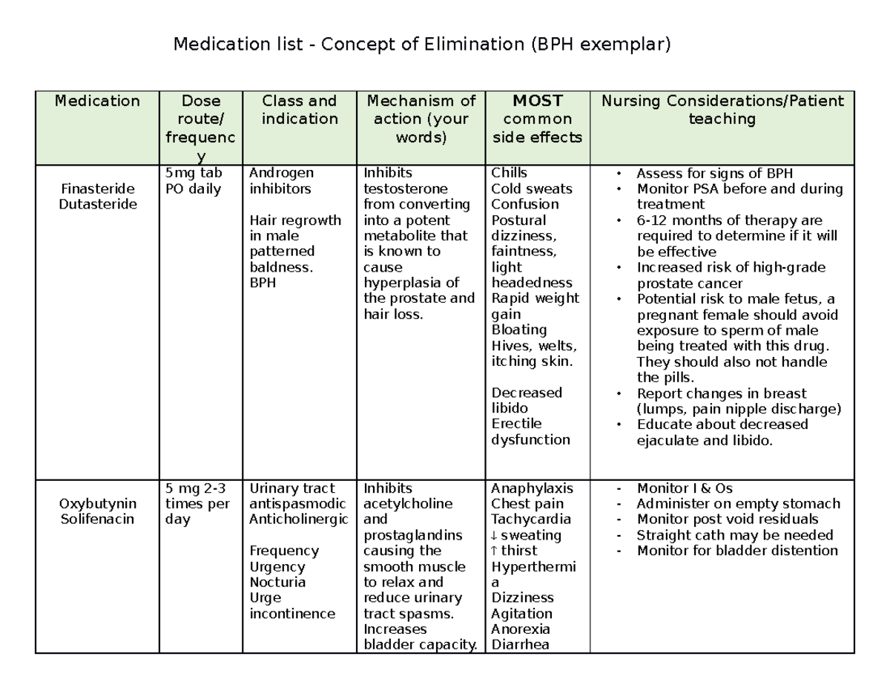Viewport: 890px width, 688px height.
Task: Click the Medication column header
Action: tap(97, 101)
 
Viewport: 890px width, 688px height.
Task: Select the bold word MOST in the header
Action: tap(537, 101)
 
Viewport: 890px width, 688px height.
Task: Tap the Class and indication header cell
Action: tap(299, 110)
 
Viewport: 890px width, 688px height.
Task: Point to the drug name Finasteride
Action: tap(97, 189)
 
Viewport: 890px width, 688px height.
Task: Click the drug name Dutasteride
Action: tap(97, 204)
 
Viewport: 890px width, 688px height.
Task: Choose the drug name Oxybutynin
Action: tap(97, 504)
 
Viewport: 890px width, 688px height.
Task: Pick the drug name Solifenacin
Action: tap(97, 520)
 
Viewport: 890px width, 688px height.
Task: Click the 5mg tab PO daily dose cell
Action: tap(194, 181)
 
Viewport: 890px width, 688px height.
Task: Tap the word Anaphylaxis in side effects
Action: tap(532, 488)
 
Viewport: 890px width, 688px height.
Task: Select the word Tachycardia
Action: tap(531, 520)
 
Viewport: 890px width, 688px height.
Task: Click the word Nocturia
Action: tap(277, 583)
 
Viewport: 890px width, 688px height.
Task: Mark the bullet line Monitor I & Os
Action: tap(684, 488)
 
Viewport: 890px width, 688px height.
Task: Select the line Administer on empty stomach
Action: tap(738, 504)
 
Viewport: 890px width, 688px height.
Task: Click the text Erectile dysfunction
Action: tap(530, 432)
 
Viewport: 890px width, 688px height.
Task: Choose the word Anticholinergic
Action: tap(298, 520)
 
